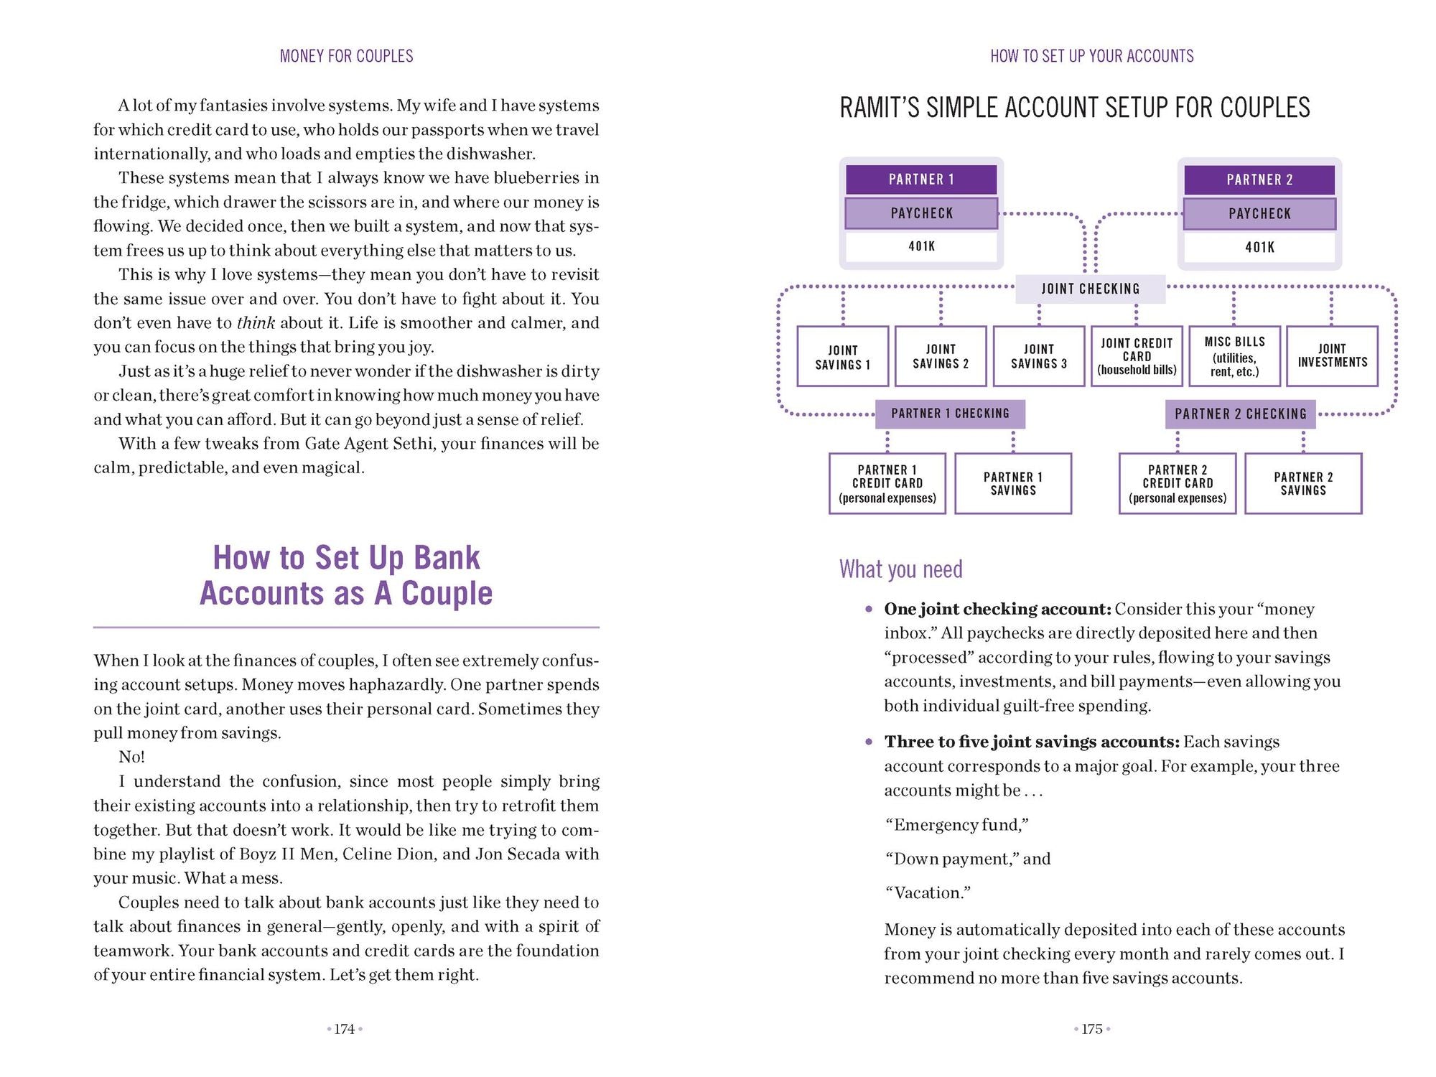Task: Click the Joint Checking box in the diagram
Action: tap(1090, 289)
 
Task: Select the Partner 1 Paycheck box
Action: tap(921, 213)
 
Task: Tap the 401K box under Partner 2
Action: tap(1259, 247)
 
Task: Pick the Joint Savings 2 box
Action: tap(941, 356)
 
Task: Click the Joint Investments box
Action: tap(1332, 356)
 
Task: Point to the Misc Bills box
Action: tap(1234, 356)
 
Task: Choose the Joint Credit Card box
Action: tap(1137, 356)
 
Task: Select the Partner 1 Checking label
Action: tap(950, 414)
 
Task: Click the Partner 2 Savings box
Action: tap(1303, 483)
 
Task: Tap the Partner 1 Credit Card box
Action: tap(887, 483)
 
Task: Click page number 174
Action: tap(345, 1029)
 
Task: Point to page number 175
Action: tap(1092, 1029)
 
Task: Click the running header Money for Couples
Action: tap(346, 56)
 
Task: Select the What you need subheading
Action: tap(900, 569)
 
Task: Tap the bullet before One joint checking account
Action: tap(869, 609)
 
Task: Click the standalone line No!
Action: tap(131, 757)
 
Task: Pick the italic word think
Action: tap(256, 323)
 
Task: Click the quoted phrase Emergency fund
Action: tap(956, 825)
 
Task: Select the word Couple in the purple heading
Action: tap(447, 594)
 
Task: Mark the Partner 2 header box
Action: tap(1259, 179)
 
